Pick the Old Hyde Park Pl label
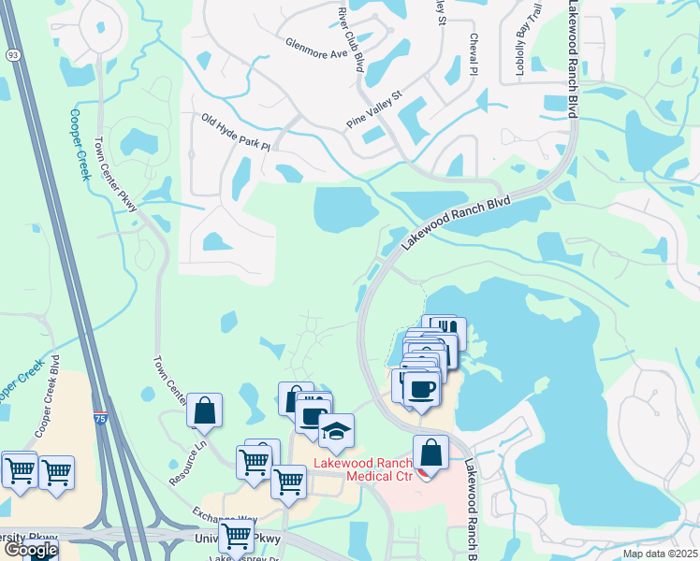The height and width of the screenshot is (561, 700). (x=235, y=132)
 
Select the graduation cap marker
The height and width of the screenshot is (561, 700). (x=336, y=432)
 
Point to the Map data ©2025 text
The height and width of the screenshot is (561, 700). (x=659, y=554)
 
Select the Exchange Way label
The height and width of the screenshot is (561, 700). (x=224, y=517)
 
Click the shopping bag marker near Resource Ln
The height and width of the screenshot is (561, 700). (x=204, y=410)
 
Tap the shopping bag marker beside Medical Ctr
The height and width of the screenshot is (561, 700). (x=430, y=453)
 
